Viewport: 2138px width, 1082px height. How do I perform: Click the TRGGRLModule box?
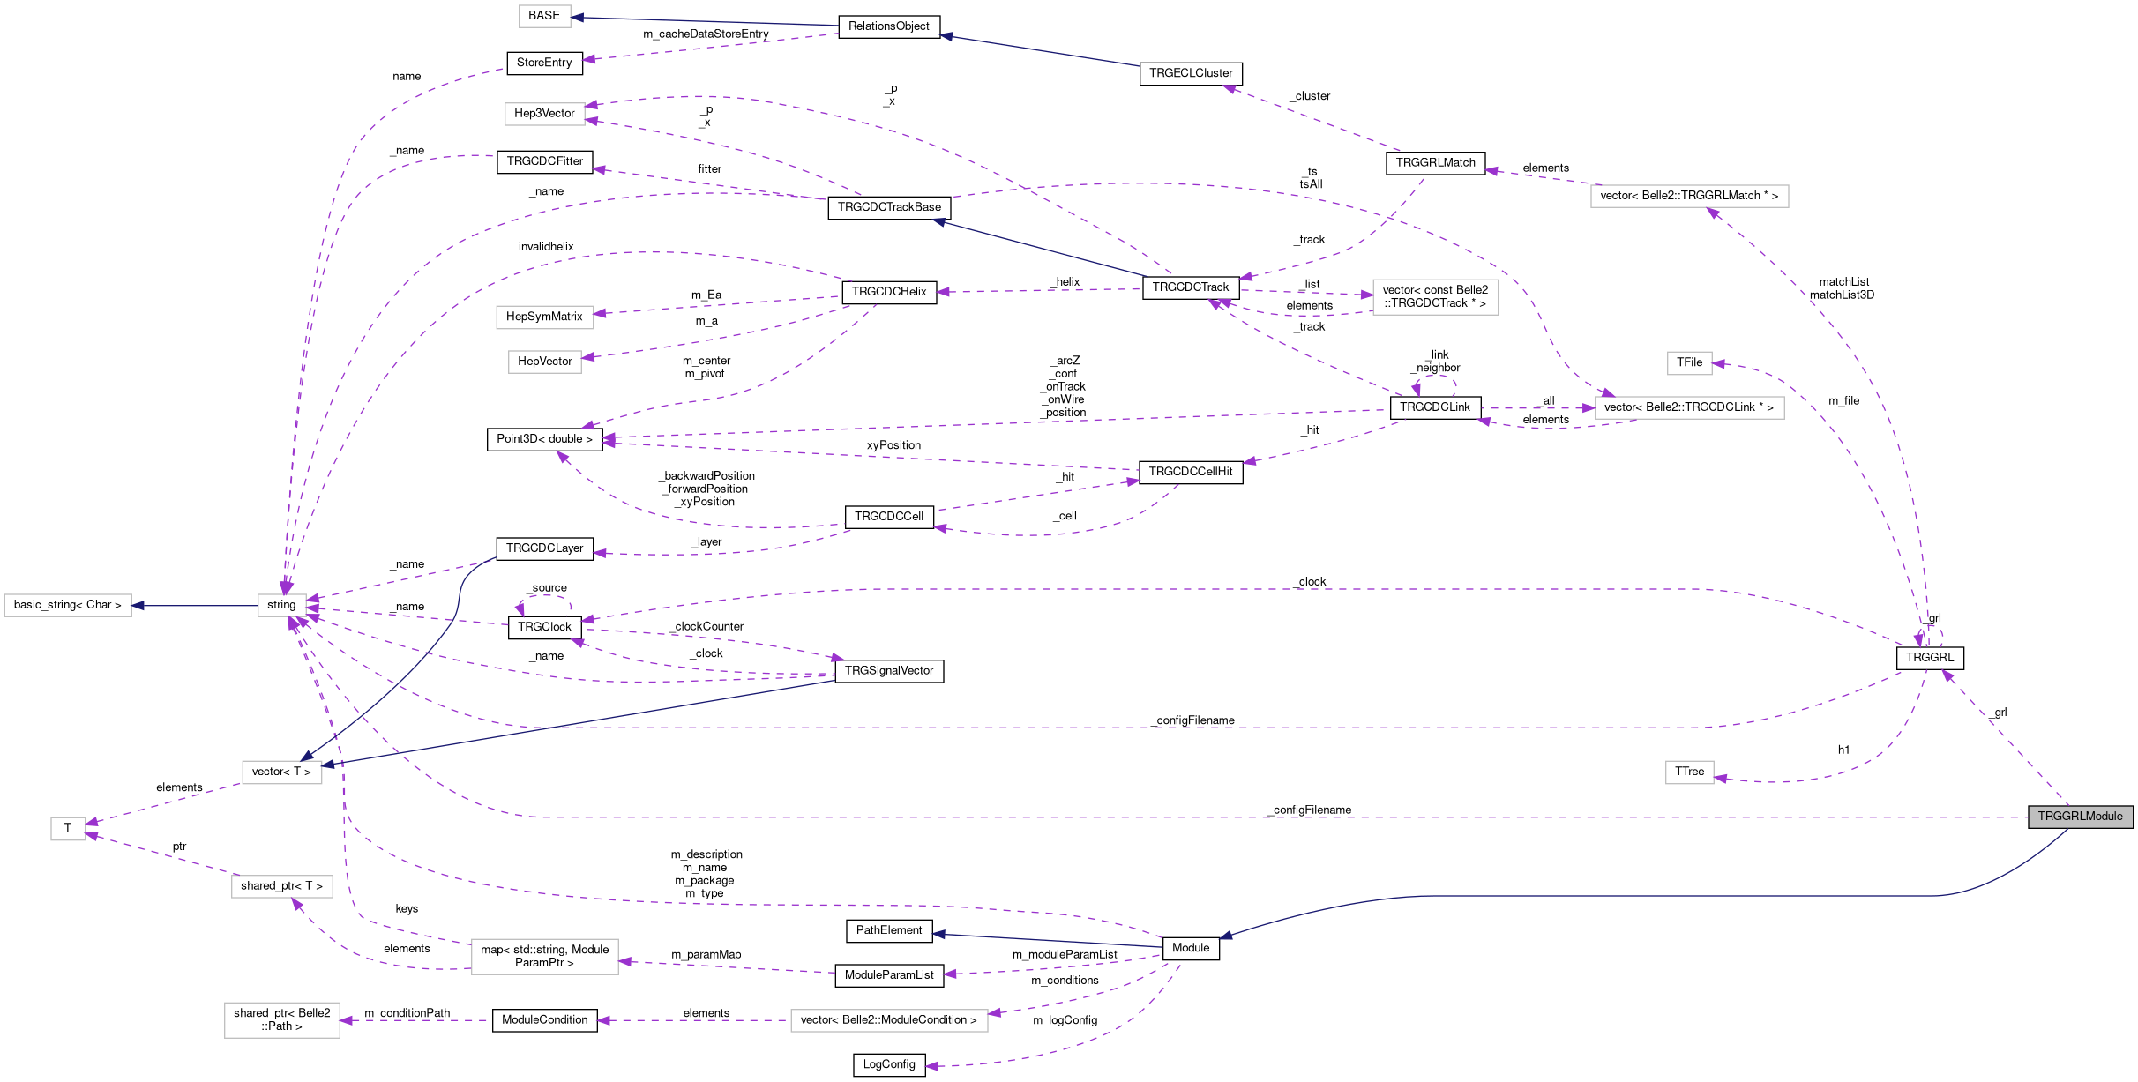coord(2080,817)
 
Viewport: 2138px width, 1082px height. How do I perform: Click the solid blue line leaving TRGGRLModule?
coord(1676,896)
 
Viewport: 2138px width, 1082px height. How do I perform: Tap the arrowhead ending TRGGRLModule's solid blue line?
coord(1225,936)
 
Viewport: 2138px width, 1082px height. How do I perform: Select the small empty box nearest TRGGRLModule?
coord(1689,772)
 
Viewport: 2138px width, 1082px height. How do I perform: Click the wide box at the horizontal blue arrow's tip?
coord(68,606)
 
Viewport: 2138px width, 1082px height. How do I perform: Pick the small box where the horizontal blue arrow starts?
coord(282,606)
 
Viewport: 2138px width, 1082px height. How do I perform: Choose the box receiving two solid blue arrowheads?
coord(282,772)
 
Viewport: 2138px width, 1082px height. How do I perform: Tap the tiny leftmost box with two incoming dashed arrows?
coord(68,829)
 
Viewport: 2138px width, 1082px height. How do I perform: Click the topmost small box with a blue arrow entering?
coord(544,17)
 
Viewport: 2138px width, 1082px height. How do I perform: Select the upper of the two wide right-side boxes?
coord(1689,197)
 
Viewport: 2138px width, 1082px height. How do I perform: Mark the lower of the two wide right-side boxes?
coord(1689,408)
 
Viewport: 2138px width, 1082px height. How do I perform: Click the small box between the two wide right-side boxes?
coord(1689,363)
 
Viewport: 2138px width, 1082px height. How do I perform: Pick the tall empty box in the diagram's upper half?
coord(1435,297)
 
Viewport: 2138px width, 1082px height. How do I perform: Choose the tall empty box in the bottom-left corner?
coord(282,1020)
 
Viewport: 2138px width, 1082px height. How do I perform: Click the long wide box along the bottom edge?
coord(889,1020)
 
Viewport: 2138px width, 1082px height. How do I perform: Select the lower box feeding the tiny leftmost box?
coord(282,886)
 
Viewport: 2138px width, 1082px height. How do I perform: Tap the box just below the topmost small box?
coord(544,115)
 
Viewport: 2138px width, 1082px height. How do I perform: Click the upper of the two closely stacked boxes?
coord(544,317)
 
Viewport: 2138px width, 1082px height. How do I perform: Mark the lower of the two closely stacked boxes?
coord(544,362)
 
